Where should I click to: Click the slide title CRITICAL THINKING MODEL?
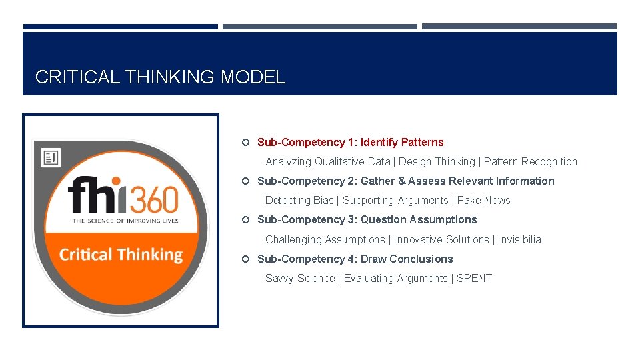click(x=160, y=77)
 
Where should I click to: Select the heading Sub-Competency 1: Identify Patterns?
click(x=350, y=142)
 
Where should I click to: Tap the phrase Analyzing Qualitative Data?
click(x=328, y=161)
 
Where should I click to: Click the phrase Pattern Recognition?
click(x=531, y=161)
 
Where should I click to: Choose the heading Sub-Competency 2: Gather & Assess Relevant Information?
click(x=405, y=181)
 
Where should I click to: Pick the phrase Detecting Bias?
click(x=299, y=200)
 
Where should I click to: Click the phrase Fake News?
click(x=484, y=200)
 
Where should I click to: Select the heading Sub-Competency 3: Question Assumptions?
click(x=367, y=219)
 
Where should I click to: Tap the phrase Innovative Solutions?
click(x=441, y=239)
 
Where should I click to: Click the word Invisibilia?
click(x=519, y=239)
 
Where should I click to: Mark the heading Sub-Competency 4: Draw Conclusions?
click(x=355, y=259)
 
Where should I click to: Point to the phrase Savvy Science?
click(x=300, y=278)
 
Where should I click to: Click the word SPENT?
click(x=474, y=278)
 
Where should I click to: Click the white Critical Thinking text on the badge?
click(x=121, y=255)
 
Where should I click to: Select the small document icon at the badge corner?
click(x=51, y=157)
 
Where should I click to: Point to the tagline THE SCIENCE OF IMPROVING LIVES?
click(x=125, y=221)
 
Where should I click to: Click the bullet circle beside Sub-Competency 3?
click(x=245, y=220)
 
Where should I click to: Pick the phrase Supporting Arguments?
click(x=395, y=200)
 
